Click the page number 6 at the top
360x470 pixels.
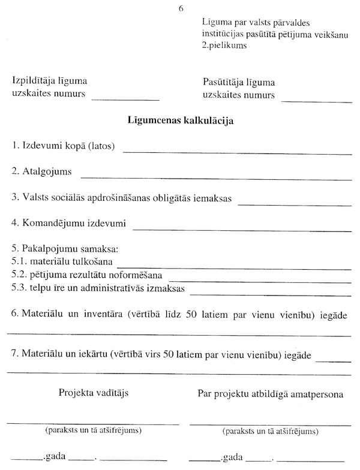[x=181, y=8]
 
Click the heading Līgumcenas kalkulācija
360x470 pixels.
[x=181, y=120]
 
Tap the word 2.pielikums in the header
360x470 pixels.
[x=225, y=45]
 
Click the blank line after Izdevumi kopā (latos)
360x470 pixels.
[x=237, y=152]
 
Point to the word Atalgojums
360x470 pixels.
[x=46, y=172]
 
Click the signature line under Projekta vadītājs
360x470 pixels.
[x=93, y=423]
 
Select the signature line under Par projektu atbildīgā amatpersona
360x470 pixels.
[x=270, y=423]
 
